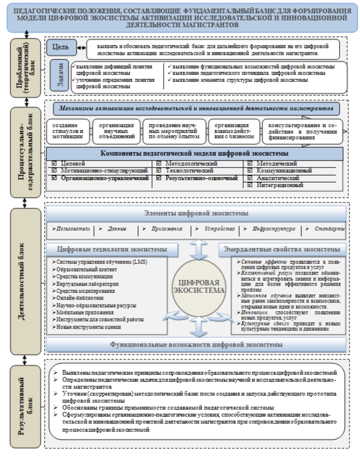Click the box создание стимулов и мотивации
67,132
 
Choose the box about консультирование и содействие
301,132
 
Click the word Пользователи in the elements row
72,228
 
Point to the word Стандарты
330,228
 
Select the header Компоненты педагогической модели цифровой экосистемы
194,153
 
